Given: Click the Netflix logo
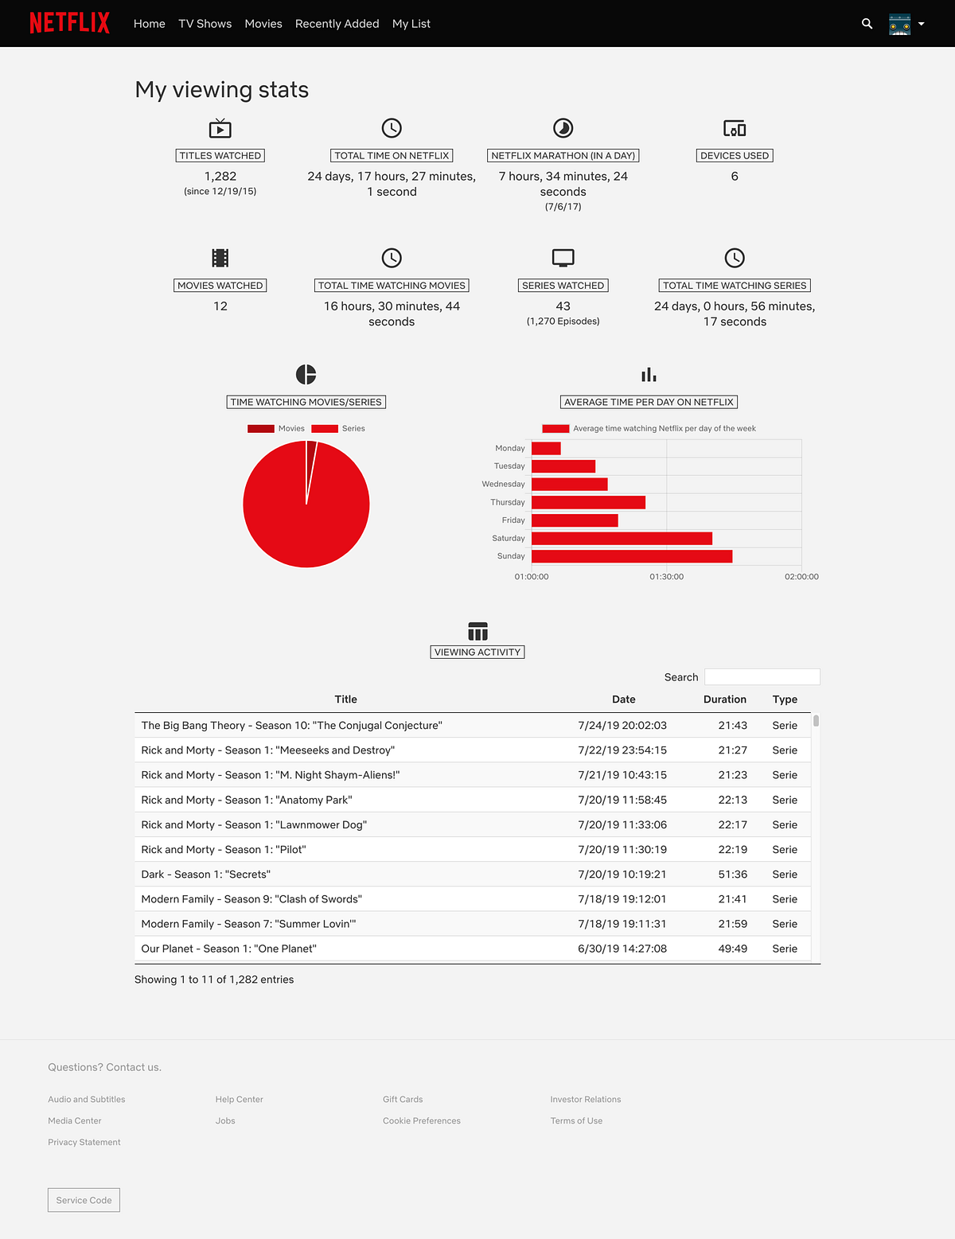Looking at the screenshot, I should (x=69, y=23).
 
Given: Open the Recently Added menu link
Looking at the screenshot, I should (x=337, y=24).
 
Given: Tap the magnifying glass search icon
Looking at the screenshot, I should (x=867, y=24).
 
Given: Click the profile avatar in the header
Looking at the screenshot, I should (x=899, y=24).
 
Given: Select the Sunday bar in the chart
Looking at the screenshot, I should (x=631, y=556).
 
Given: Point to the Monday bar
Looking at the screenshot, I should (x=546, y=449).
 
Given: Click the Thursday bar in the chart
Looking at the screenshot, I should (x=588, y=502).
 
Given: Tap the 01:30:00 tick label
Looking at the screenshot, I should (x=666, y=577).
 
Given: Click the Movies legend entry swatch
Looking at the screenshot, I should (x=261, y=429).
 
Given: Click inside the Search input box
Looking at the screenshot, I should (x=762, y=677).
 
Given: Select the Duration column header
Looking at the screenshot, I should (x=724, y=699).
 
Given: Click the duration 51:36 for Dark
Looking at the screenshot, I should (x=732, y=875).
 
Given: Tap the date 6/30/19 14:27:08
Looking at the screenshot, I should (x=622, y=949).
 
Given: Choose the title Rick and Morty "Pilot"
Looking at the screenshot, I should (x=224, y=850).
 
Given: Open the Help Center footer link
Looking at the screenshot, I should (x=239, y=1100).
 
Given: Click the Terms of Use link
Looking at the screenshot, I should (x=576, y=1121).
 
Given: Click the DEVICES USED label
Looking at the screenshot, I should (x=735, y=156).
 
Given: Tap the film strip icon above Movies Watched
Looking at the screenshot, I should (x=220, y=258).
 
